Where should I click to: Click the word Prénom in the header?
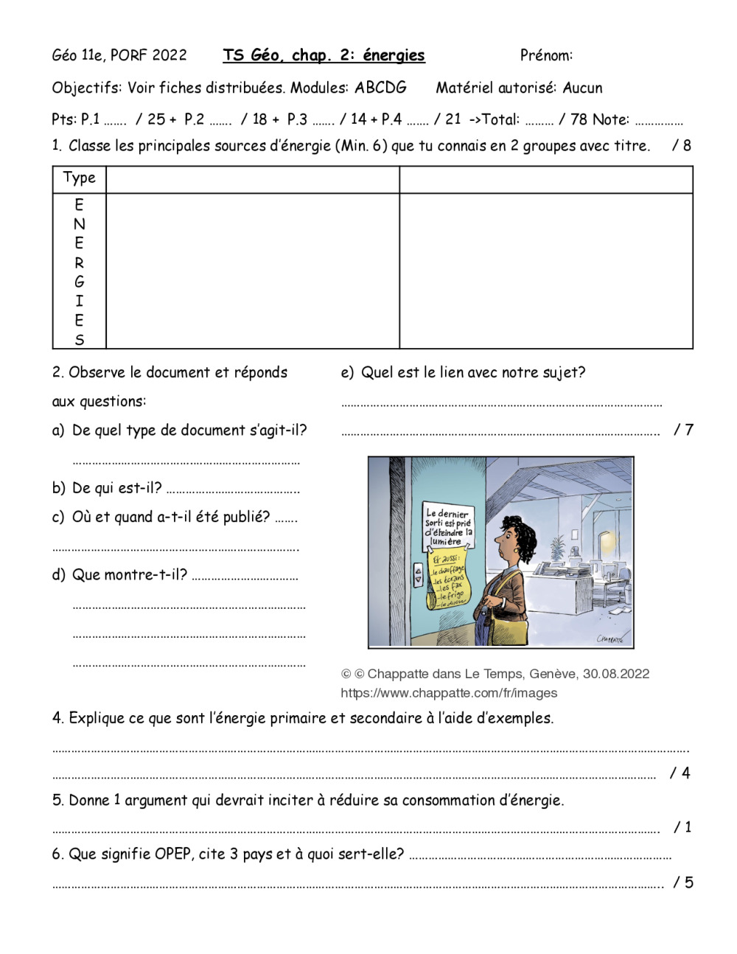pyautogui.click(x=545, y=55)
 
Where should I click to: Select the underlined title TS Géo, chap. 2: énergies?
pyautogui.click(x=324, y=55)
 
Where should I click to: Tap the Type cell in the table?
pyautogui.click(x=79, y=178)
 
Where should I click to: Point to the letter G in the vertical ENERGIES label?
pyautogui.click(x=79, y=282)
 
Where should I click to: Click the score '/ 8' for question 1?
pyautogui.click(x=682, y=145)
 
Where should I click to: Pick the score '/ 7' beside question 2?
pyautogui.click(x=683, y=429)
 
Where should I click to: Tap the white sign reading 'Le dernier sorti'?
pyautogui.click(x=447, y=526)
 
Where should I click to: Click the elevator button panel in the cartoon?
pyautogui.click(x=418, y=575)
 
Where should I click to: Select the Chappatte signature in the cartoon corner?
pyautogui.click(x=609, y=638)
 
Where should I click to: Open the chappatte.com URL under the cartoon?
pyautogui.click(x=449, y=693)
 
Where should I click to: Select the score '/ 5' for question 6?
pyautogui.click(x=683, y=882)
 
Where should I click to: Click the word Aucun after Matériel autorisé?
pyautogui.click(x=582, y=88)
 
